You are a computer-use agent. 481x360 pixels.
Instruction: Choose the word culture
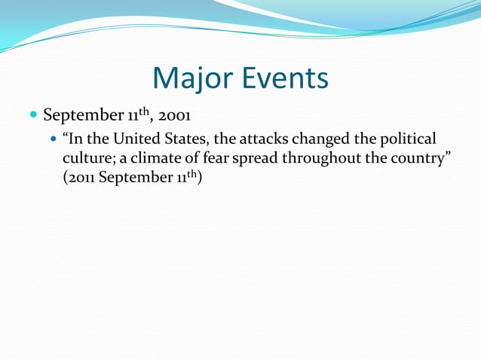click(x=89, y=159)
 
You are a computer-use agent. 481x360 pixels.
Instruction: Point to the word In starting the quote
click(x=75, y=139)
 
